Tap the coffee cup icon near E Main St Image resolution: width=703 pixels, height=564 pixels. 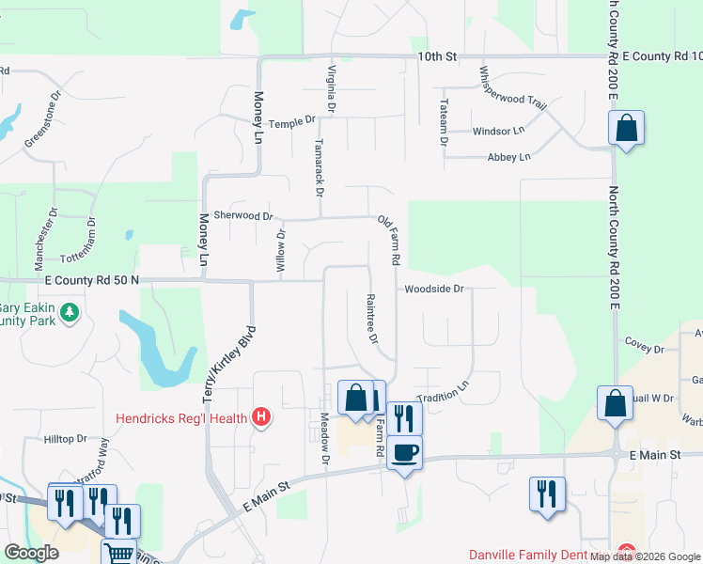click(x=404, y=453)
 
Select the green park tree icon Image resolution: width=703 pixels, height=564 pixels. click(x=68, y=313)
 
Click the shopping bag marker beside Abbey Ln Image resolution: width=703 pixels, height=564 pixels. click(x=626, y=128)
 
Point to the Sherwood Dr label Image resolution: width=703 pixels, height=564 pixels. click(x=243, y=215)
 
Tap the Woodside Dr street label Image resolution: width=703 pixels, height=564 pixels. click(x=434, y=289)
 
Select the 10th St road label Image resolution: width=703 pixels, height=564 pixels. click(x=437, y=57)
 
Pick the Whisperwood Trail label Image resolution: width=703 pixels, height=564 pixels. click(x=512, y=89)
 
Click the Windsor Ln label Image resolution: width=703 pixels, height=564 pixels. click(x=498, y=131)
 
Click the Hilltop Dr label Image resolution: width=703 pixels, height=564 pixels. click(x=65, y=439)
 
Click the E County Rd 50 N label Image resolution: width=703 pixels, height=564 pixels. click(x=90, y=280)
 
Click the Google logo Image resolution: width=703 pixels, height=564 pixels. click(x=32, y=553)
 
